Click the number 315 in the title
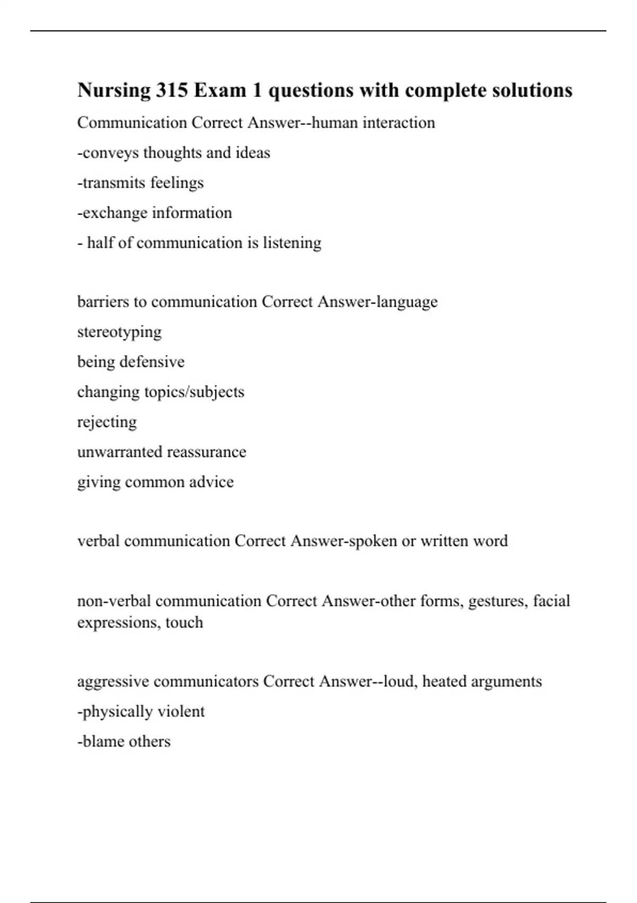click(171, 90)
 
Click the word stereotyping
click(119, 332)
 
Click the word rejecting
click(107, 422)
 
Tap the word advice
click(213, 482)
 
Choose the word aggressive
click(113, 681)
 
